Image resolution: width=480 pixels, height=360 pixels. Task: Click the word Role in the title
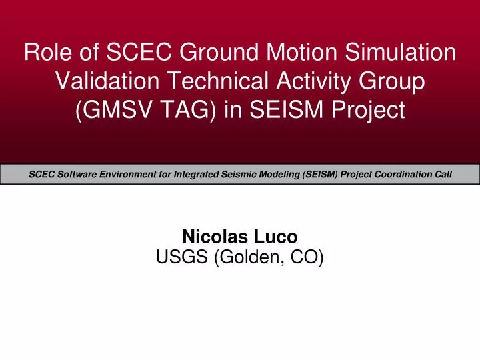(x=45, y=51)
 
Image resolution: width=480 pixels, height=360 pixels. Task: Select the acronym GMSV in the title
(x=111, y=110)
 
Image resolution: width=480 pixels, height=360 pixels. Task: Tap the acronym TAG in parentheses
(x=183, y=110)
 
